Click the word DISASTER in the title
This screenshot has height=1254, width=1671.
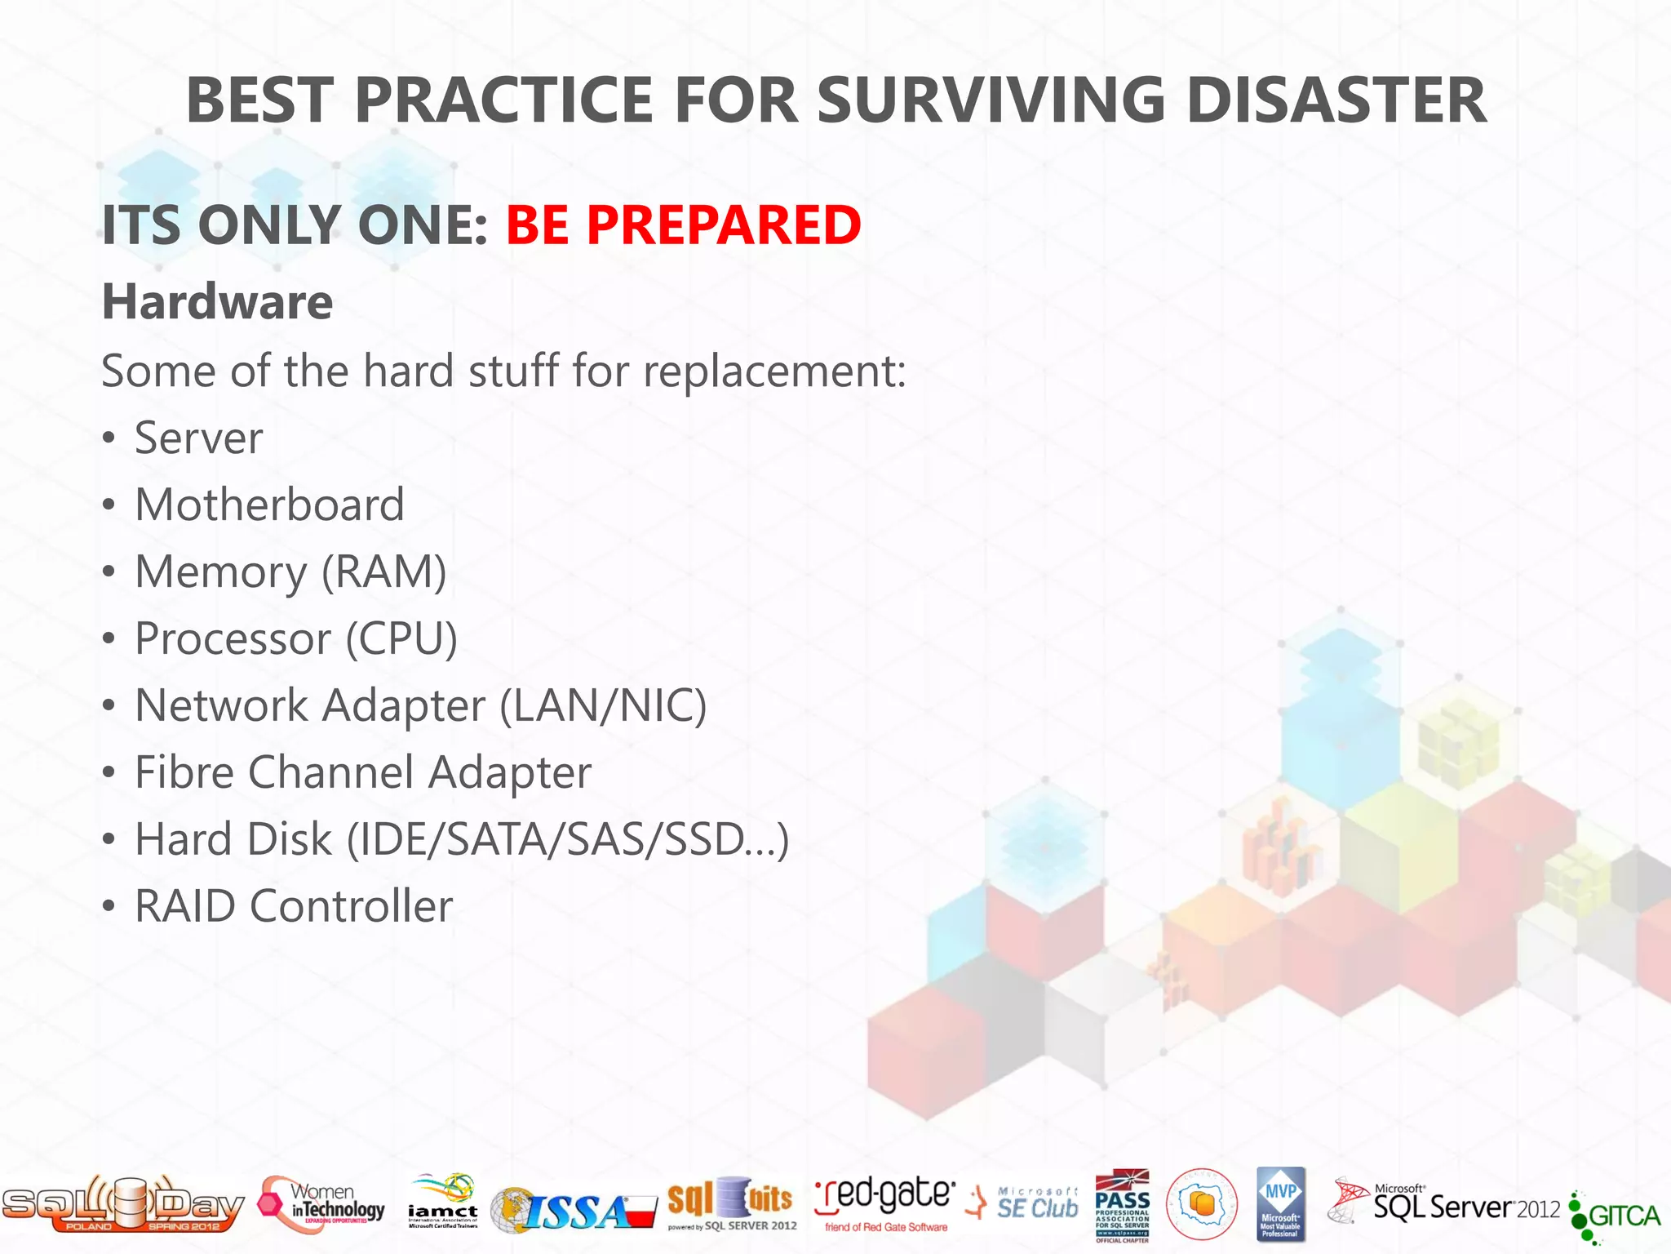click(1336, 100)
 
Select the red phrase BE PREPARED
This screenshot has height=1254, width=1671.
click(683, 225)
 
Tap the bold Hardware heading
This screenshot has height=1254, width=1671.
click(217, 301)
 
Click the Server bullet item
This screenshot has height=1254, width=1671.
click(198, 438)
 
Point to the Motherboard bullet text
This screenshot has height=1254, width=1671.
click(269, 505)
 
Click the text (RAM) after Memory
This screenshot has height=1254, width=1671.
click(383, 571)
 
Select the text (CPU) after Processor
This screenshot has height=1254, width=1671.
click(401, 638)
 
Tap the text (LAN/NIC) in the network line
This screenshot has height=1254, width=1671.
click(602, 705)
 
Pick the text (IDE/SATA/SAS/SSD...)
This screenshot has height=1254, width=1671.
click(568, 839)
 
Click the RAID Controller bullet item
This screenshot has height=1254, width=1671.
click(293, 906)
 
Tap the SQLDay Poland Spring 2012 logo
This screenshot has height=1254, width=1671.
click(122, 1204)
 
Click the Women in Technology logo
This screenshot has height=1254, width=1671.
click(321, 1203)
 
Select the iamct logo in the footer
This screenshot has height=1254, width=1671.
click(442, 1202)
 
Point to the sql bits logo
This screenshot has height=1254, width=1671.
click(731, 1203)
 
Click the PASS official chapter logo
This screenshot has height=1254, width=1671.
click(1122, 1205)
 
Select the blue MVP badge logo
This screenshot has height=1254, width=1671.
click(1280, 1204)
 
